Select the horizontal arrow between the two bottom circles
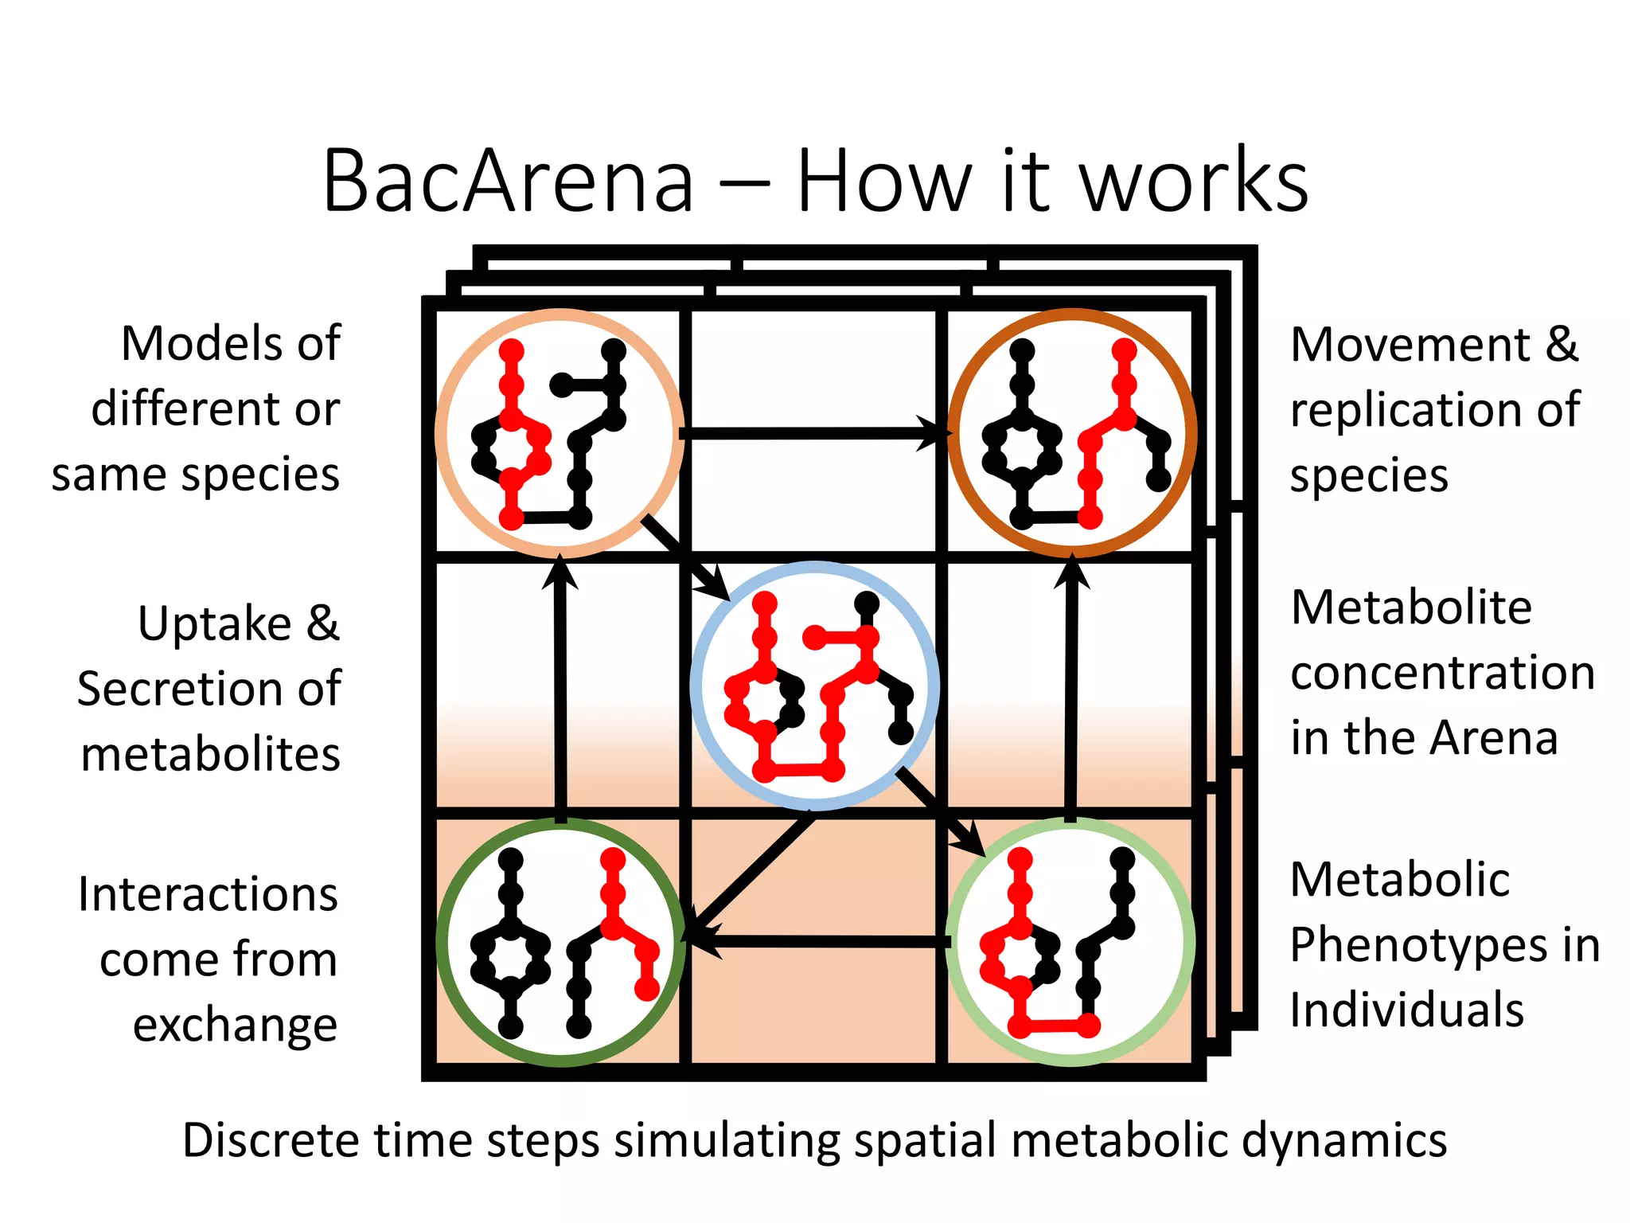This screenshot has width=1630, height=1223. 820,942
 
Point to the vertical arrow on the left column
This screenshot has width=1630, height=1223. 560,693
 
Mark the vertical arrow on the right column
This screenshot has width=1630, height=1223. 1071,693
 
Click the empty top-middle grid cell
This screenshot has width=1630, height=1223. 812,366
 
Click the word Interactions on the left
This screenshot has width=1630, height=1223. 208,894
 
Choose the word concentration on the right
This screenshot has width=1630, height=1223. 1442,673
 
